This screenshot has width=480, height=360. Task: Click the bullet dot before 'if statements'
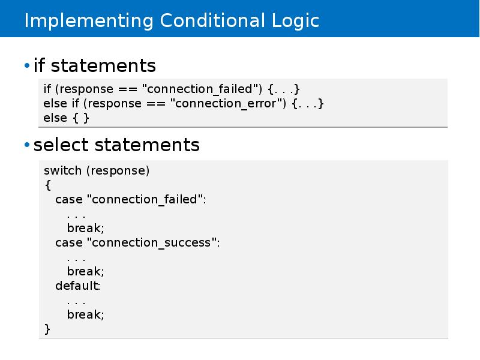point(26,65)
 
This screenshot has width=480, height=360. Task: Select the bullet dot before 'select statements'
point(26,145)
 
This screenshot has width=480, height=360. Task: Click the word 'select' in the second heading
point(62,145)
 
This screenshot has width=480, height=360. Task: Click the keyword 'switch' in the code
point(62,170)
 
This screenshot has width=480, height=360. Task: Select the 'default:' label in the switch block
point(78,286)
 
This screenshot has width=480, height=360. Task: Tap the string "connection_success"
point(154,242)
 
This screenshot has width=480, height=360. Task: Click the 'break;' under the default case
point(85,314)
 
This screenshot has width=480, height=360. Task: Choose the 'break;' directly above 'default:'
point(85,271)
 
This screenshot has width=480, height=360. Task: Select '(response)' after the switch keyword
point(118,170)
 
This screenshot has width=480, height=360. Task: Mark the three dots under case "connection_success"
point(76,257)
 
